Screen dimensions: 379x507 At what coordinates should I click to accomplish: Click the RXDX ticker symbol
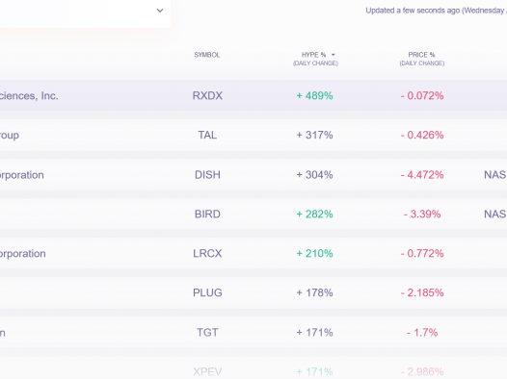click(x=207, y=96)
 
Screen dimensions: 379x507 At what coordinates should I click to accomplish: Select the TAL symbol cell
click(x=207, y=136)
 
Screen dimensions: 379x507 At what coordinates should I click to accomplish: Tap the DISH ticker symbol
click(x=207, y=175)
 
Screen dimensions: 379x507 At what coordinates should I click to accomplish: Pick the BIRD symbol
click(x=207, y=215)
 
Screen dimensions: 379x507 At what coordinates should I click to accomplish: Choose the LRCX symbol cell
click(x=207, y=254)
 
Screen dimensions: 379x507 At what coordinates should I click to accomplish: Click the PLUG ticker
click(x=207, y=293)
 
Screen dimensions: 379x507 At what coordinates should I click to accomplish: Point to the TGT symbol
click(x=207, y=333)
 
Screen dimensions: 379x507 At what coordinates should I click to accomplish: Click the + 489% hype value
click(x=314, y=96)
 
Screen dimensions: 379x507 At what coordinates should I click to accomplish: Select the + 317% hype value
click(x=314, y=136)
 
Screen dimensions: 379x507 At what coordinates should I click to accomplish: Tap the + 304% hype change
click(x=314, y=175)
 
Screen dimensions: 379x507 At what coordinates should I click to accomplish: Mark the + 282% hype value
click(x=314, y=215)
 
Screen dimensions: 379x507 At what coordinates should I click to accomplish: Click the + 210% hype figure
click(x=314, y=254)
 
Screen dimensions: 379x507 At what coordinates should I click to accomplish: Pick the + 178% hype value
click(x=314, y=293)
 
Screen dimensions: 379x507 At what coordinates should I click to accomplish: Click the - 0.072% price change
click(x=422, y=96)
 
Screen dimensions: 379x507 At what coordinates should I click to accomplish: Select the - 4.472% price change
click(x=422, y=175)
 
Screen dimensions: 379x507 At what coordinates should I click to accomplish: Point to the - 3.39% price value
click(x=422, y=215)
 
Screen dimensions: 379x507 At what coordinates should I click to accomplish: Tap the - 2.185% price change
click(x=422, y=293)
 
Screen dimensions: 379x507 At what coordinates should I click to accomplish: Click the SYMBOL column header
click(x=207, y=55)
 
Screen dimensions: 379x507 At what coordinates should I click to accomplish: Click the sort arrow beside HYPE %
click(x=334, y=55)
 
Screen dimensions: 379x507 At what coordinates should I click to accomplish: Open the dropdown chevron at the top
click(x=160, y=11)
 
